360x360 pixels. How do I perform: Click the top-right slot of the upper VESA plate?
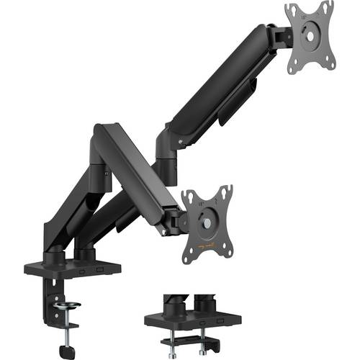pos(328,9)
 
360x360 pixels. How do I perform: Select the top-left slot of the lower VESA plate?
pos(186,195)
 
